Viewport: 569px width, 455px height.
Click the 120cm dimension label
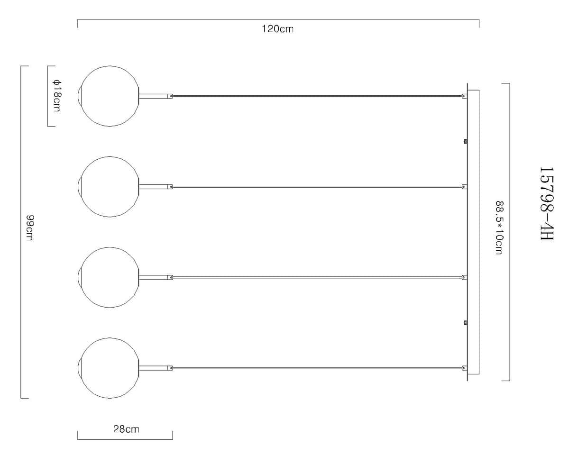click(x=278, y=29)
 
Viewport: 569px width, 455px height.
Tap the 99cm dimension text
click(x=30, y=228)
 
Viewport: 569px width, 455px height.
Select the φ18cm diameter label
click(x=56, y=96)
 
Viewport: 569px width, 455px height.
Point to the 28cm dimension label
click(x=126, y=429)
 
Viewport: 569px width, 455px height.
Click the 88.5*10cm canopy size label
click(x=499, y=227)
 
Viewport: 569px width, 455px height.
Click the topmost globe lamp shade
click(x=110, y=96)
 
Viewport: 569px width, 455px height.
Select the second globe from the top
click(x=110, y=187)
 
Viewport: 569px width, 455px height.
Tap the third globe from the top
click(x=110, y=277)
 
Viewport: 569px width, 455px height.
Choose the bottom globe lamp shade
click(x=110, y=368)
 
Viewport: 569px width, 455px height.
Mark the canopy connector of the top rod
click(x=464, y=96)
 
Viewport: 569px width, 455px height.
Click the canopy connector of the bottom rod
click(x=464, y=368)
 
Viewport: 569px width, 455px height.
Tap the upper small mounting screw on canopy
click(x=466, y=141)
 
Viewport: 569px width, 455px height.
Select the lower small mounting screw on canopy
click(x=466, y=323)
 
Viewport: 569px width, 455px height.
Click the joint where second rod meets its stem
click(x=171, y=187)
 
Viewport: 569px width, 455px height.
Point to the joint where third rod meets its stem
click(x=171, y=277)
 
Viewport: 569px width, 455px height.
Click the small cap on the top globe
click(x=79, y=96)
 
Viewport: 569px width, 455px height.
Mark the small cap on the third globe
click(x=79, y=277)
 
